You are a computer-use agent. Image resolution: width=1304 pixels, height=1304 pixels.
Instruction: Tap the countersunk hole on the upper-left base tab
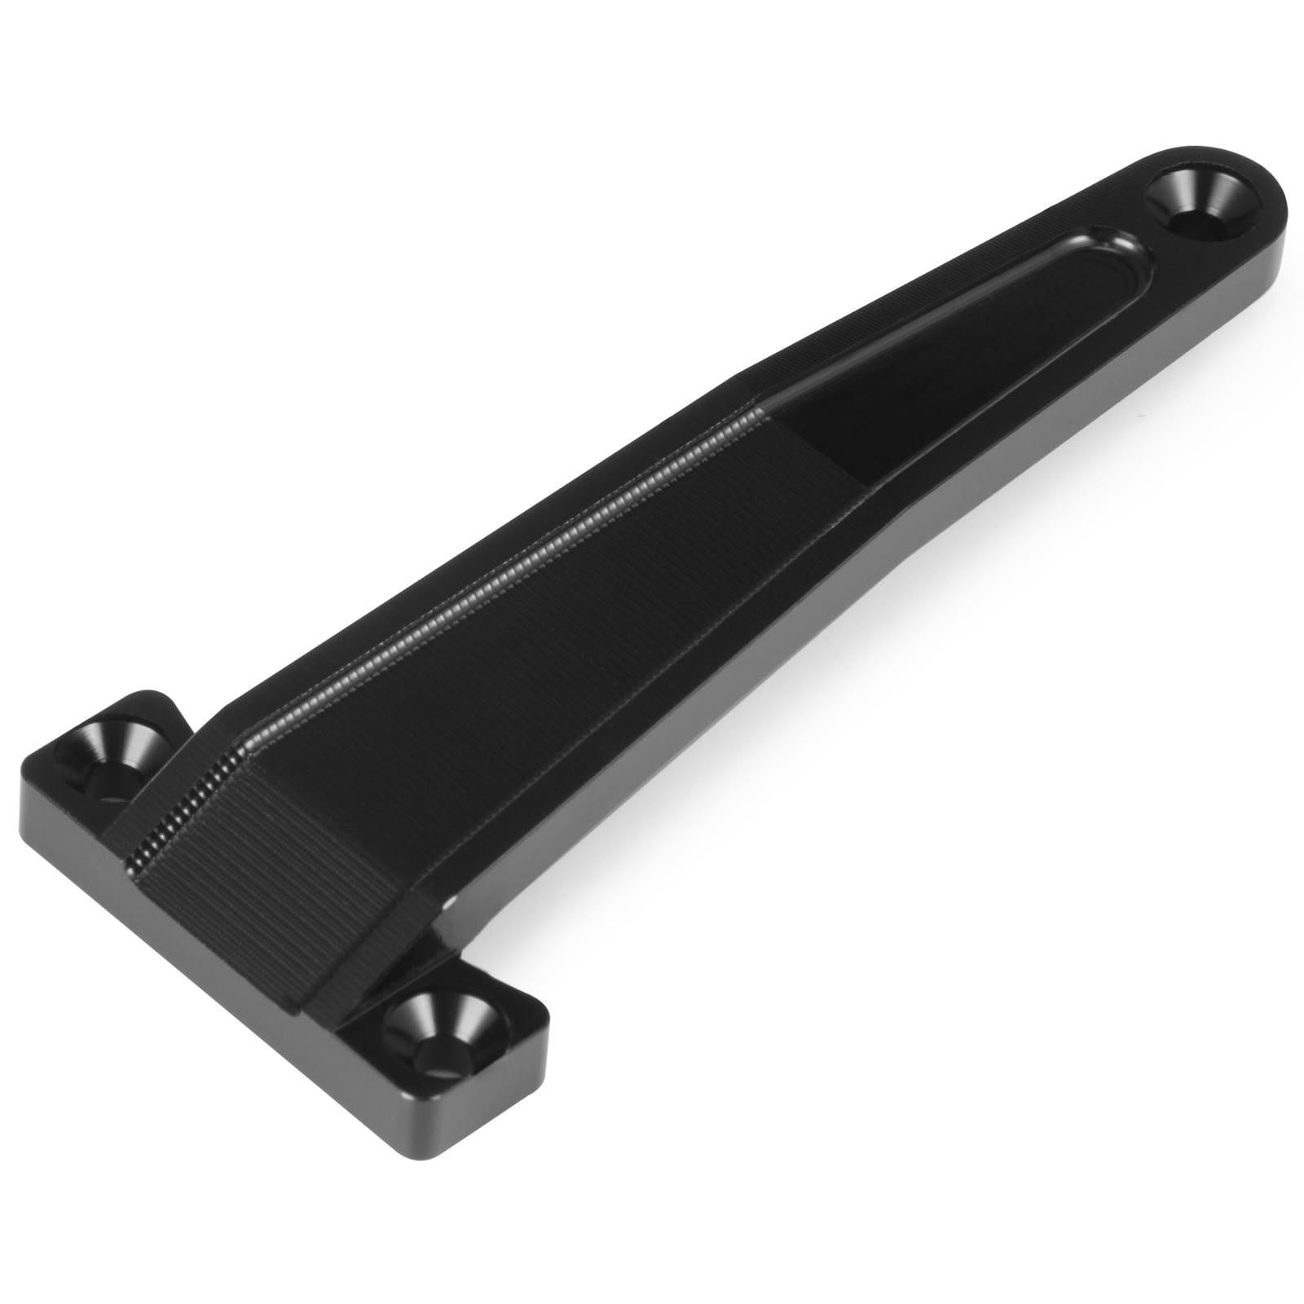(x=117, y=750)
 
